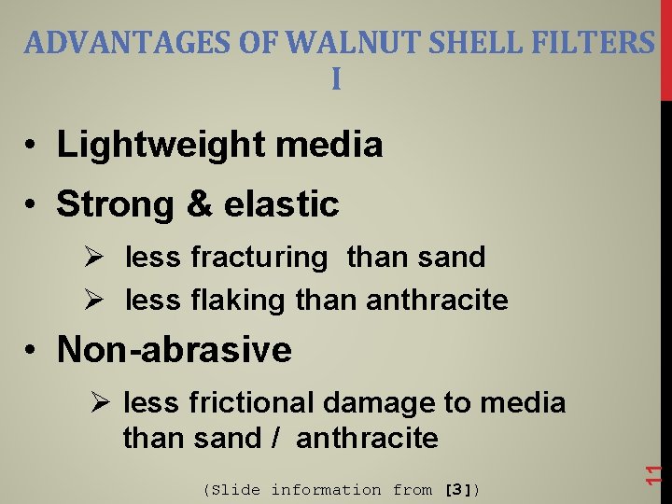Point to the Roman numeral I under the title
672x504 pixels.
tap(336, 80)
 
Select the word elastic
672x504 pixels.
tap(284, 204)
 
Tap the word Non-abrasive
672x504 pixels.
tap(175, 350)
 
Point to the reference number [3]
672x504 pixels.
tap(458, 490)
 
